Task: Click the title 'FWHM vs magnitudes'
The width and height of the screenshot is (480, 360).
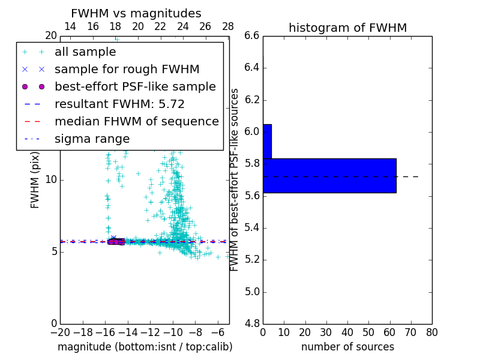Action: [x=136, y=13]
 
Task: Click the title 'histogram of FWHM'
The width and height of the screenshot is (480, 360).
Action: [x=347, y=28]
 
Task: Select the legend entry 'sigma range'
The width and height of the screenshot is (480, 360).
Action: [x=92, y=139]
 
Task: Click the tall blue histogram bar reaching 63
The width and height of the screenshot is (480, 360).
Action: [x=329, y=175]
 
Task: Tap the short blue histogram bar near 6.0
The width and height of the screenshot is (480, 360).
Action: [x=267, y=141]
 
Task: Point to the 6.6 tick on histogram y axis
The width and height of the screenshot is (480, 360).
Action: [x=252, y=36]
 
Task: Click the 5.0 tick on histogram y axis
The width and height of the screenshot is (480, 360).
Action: [x=252, y=292]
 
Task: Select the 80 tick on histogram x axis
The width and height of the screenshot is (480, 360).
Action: [x=431, y=332]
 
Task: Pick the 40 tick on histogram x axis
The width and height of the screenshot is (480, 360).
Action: [x=347, y=332]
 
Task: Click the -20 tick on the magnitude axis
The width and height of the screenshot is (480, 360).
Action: [x=60, y=332]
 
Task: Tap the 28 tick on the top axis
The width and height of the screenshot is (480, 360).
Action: [x=228, y=26]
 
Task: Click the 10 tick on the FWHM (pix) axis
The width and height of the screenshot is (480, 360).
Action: [x=51, y=179]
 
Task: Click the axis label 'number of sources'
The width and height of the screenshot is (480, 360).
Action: [x=347, y=347]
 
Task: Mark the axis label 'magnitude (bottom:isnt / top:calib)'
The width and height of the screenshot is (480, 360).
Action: [x=145, y=347]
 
